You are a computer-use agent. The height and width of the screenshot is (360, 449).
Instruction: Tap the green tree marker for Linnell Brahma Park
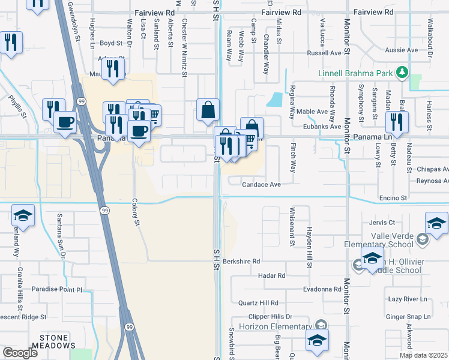[402, 74]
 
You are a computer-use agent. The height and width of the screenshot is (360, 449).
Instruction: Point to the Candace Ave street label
[262, 185]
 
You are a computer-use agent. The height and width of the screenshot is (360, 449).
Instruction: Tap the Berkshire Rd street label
[241, 262]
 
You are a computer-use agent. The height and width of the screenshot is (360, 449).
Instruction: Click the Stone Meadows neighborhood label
[58, 341]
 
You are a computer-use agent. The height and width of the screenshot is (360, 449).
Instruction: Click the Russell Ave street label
[324, 53]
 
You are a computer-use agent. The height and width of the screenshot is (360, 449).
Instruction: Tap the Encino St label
[393, 197]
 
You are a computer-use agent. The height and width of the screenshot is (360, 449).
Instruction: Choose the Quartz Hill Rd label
[259, 303]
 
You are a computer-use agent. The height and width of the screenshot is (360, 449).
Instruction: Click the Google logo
[20, 353]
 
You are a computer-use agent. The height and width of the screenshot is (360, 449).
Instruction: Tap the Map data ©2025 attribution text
[423, 355]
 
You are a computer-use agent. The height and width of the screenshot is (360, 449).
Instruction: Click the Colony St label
[136, 213]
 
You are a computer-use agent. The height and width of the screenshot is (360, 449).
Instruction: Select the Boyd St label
[111, 43]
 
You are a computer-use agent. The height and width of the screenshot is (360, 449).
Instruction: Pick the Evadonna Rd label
[322, 289]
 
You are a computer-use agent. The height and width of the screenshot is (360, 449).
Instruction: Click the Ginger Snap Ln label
[409, 316]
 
